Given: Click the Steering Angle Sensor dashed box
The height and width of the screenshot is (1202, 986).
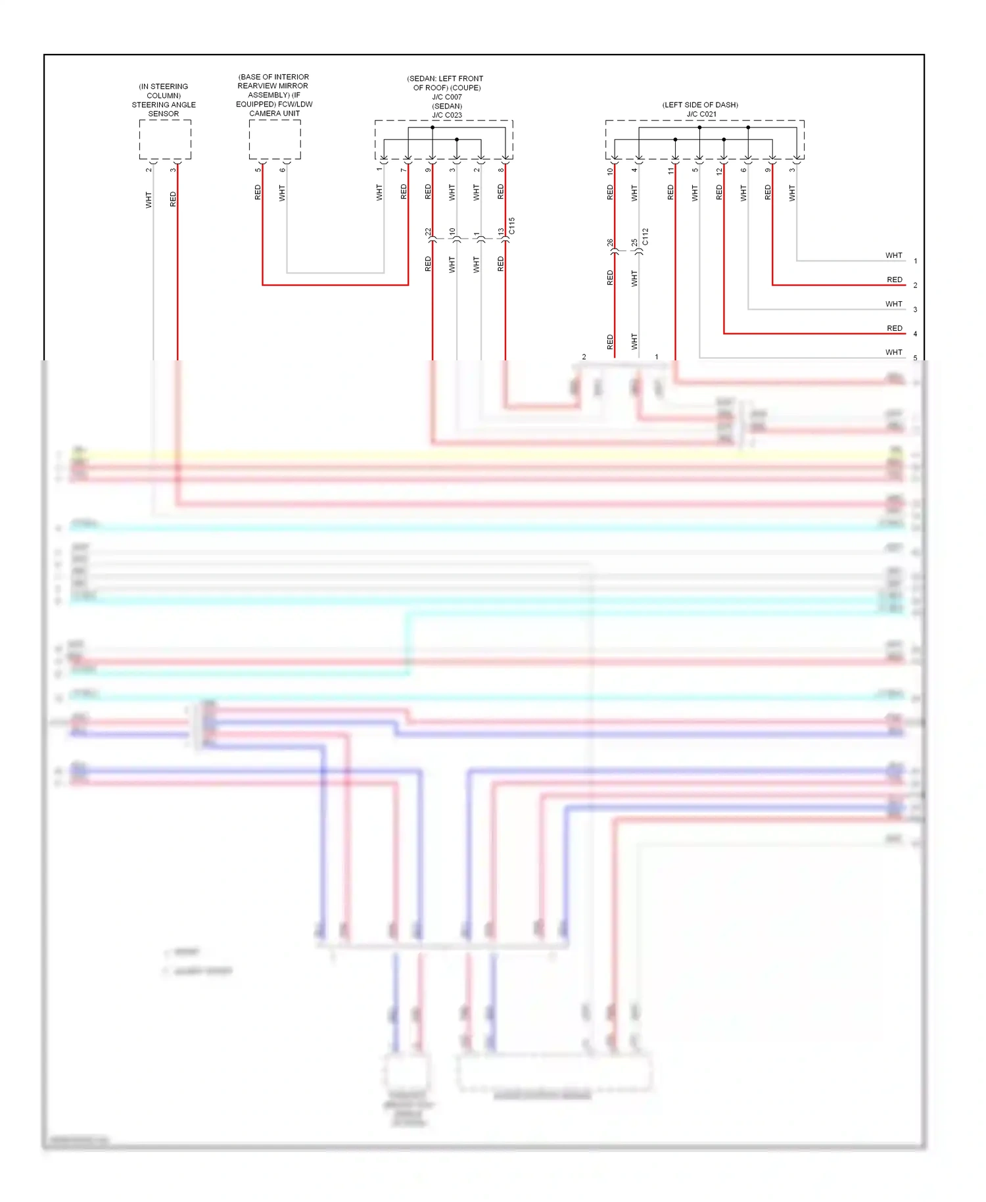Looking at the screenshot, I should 165,139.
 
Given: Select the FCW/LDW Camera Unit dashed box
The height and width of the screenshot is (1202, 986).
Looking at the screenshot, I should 275,139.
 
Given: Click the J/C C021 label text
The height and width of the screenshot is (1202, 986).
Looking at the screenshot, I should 701,114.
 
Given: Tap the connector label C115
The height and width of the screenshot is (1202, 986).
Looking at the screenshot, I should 512,226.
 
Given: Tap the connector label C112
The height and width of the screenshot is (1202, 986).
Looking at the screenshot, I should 646,237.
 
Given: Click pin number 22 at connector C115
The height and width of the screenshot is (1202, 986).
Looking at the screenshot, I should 428,232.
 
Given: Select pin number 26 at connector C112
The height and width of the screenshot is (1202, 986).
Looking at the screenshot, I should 610,243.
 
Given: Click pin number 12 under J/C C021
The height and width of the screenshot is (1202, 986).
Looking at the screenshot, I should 719,171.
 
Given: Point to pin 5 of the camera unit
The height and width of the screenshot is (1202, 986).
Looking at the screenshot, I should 258,170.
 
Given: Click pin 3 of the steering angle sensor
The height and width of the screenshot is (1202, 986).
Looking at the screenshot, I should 173,170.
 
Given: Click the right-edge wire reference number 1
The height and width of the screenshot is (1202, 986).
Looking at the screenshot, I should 915,261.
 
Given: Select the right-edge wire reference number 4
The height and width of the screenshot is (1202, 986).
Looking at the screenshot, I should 915,334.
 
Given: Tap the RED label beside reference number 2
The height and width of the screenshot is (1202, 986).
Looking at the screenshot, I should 895,279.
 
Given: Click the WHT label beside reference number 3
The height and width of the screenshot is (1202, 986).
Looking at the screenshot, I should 894,304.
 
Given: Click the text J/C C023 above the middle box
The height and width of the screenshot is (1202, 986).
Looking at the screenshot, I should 447,115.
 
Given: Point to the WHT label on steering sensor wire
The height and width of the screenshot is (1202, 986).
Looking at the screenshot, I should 149,200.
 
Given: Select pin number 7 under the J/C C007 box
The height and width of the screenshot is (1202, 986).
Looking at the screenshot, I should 404,170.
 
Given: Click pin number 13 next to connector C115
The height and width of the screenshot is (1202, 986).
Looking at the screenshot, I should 501,232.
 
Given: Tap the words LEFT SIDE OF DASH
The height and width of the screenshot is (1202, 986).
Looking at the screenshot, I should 700,105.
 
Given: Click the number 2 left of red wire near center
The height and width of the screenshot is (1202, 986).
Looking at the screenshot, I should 584,357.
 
